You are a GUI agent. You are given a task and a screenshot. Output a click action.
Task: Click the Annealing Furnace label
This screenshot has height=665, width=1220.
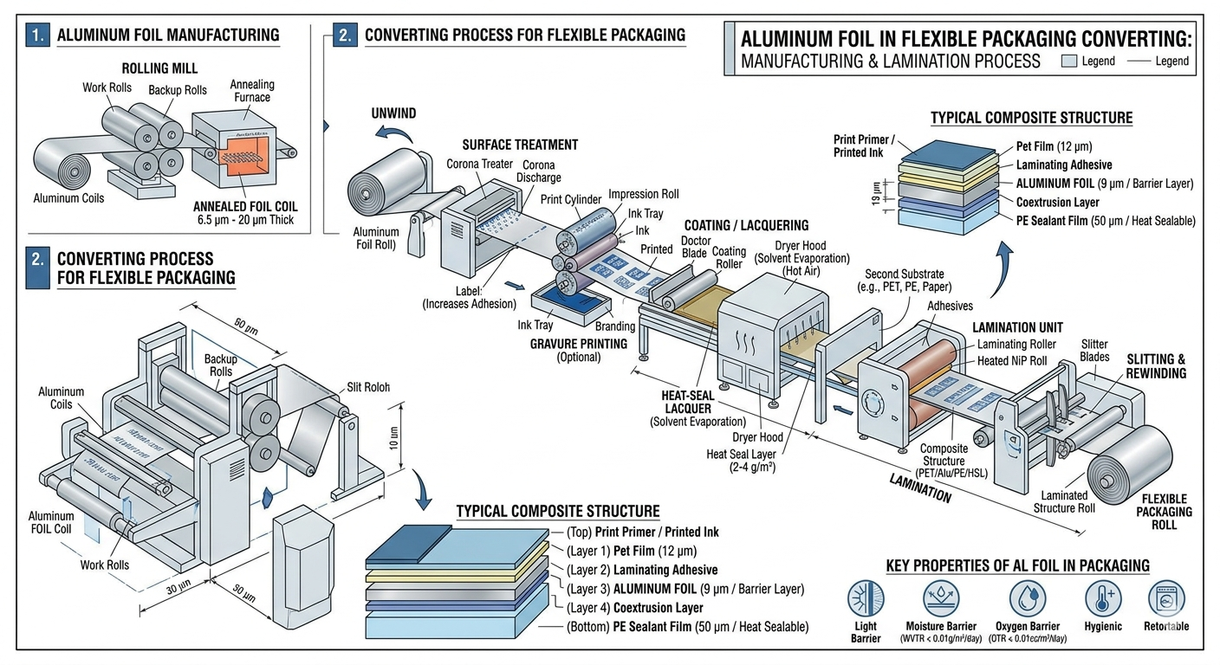251,91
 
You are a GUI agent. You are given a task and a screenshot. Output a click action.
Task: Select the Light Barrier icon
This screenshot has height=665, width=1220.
865,599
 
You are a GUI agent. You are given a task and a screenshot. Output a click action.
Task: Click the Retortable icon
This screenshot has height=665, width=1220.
1165,599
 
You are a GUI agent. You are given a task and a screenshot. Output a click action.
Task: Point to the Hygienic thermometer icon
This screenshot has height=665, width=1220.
1103,599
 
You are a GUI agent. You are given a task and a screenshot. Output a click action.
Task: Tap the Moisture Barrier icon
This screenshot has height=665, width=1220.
940,599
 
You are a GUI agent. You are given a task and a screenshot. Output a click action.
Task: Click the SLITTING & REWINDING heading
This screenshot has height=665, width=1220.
1156,366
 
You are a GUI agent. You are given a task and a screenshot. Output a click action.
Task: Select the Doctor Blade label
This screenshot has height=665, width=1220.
696,247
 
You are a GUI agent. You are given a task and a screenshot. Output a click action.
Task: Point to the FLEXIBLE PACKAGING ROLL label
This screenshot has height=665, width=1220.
1165,512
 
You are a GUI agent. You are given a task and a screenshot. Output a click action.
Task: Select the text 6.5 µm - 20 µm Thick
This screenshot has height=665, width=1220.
245,220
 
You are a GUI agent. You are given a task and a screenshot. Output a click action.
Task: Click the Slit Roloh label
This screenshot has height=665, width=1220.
368,387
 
